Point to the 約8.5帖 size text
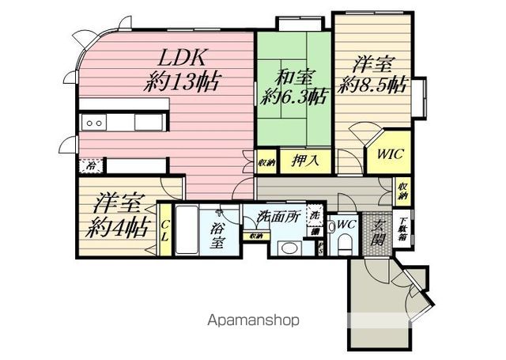[x=372, y=85]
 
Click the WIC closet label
[x=389, y=154]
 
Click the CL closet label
[x=164, y=230]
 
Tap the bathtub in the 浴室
[x=186, y=229]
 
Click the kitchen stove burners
[x=94, y=123]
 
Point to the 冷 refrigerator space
[x=92, y=166]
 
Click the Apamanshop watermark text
[x=253, y=321]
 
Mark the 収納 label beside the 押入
[x=266, y=161]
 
